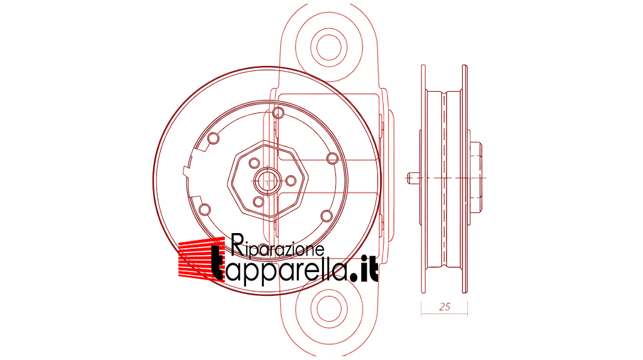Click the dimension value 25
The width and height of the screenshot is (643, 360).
[x=445, y=307]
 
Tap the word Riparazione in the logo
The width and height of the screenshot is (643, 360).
[x=278, y=246]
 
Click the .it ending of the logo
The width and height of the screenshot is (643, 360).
[x=365, y=269]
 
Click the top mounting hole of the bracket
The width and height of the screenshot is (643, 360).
[x=329, y=46]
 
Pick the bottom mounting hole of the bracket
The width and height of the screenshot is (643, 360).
[x=329, y=308]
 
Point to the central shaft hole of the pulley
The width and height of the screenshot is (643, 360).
[x=267, y=180]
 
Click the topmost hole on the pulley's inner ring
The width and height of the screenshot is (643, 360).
[x=278, y=112]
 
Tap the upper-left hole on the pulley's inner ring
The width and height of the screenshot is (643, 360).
[x=213, y=138]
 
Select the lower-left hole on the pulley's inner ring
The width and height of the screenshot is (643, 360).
[x=205, y=210]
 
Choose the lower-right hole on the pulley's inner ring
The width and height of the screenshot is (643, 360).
[x=327, y=215]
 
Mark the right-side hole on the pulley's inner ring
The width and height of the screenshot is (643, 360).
[x=333, y=158]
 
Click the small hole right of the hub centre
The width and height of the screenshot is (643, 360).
[x=291, y=180]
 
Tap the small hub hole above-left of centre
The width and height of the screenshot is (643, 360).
[x=254, y=163]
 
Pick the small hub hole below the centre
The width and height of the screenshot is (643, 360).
[x=258, y=202]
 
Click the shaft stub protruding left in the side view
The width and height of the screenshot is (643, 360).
[x=413, y=178]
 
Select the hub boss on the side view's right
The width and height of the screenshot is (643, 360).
[x=476, y=177]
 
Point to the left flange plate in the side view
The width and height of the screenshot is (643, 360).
[x=423, y=178]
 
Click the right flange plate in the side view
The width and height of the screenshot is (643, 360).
[x=465, y=178]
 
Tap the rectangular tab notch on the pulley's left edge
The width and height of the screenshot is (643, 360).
[x=186, y=171]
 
